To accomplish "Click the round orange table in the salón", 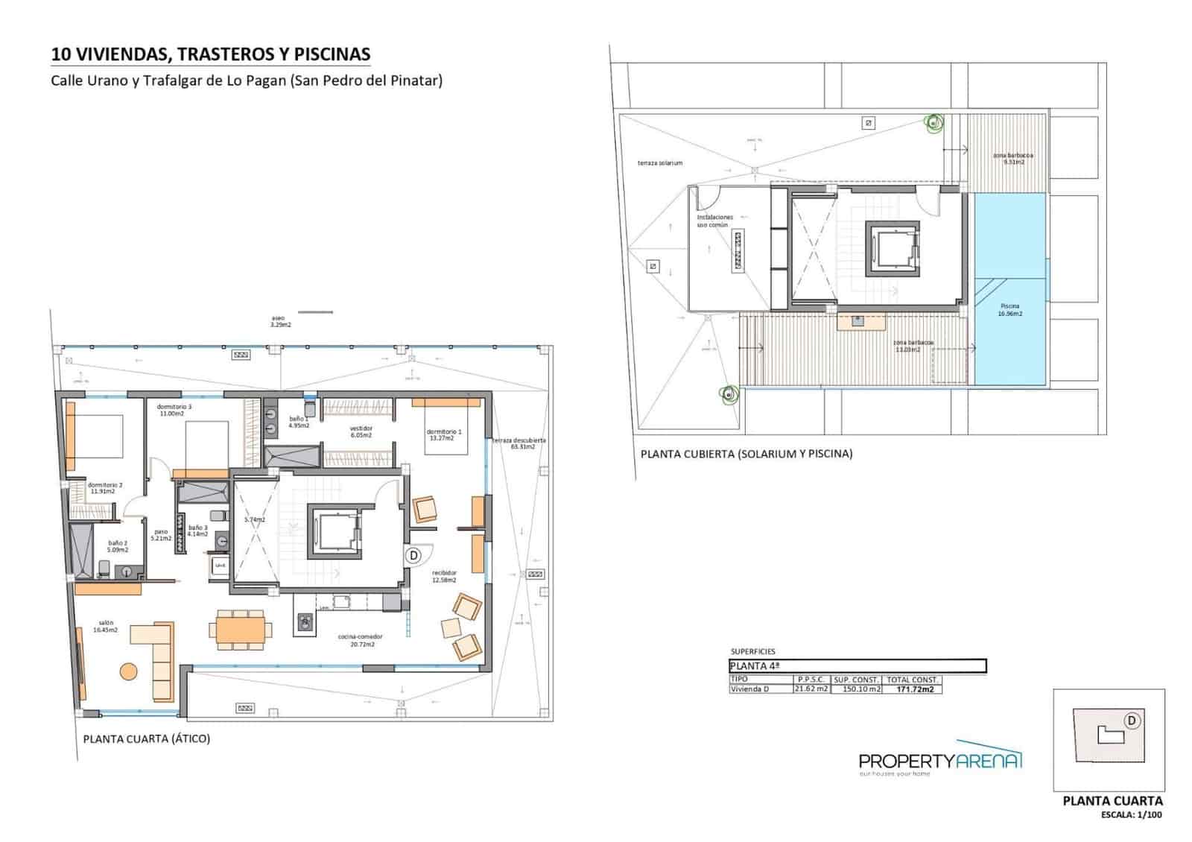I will (x=129, y=671).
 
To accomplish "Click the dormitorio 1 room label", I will (x=444, y=435).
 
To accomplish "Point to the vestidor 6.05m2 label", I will (x=361, y=432).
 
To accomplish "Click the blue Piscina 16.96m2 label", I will (x=1010, y=310).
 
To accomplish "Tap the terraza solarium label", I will (x=659, y=162).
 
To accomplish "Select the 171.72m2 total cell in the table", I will (x=913, y=689).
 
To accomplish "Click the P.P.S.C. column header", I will (x=811, y=680).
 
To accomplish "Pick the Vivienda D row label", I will (x=750, y=689).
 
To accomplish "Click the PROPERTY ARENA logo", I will (x=940, y=761).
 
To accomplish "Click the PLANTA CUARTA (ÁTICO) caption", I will (x=147, y=739).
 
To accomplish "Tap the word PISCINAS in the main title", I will (x=332, y=54).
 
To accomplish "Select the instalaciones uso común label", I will (x=715, y=221).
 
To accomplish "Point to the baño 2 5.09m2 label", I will (x=117, y=546).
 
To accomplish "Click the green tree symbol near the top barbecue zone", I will (x=933, y=123).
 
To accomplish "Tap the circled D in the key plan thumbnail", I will (x=1131, y=721).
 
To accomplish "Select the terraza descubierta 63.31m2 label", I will (x=519, y=443).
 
